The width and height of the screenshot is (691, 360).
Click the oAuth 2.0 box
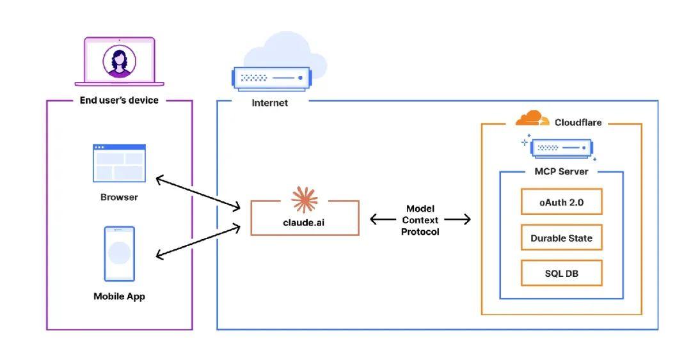coord(561,201)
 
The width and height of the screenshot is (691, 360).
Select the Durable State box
coord(561,238)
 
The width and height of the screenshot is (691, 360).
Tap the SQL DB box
coord(561,273)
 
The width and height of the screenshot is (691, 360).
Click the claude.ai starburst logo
coord(305,200)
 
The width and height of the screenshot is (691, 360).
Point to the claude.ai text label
coord(305,223)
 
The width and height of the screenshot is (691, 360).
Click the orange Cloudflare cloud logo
coord(532,119)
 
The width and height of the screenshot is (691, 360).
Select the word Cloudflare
coord(578,122)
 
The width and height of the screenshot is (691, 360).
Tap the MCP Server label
coord(561,171)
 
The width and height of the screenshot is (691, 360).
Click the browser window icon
coord(119,162)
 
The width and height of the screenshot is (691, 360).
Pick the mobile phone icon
coord(119,254)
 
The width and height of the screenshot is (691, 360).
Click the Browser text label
coord(119,197)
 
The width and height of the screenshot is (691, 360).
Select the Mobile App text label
coord(119,296)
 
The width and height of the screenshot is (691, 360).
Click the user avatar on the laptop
coord(119,62)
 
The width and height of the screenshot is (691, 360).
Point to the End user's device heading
coord(119,100)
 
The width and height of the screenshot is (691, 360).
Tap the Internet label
coord(269,103)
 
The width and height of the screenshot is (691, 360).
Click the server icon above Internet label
coord(270,78)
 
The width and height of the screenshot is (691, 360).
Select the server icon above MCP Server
coord(560,148)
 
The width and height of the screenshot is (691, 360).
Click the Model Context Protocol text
coord(420,220)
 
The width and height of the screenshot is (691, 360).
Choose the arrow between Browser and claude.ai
coord(198,192)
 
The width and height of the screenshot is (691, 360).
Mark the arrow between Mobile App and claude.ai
coord(198,241)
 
